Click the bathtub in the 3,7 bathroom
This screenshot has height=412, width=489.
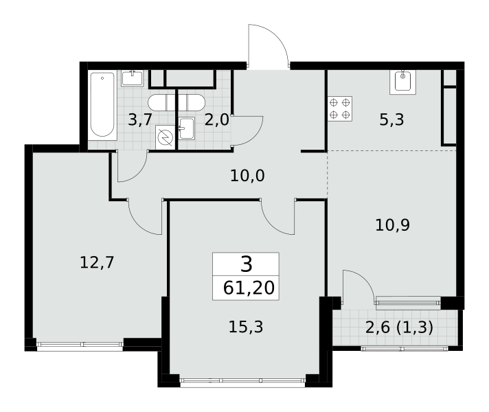pos(102,105)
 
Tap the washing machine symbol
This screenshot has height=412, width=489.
pos(166,137)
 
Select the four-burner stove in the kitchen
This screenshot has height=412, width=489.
pos(339,108)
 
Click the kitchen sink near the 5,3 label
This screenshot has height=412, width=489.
pos(402,82)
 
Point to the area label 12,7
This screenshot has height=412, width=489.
pos(97,262)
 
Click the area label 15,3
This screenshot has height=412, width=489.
pos(246,327)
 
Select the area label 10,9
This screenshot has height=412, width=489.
pos(392,225)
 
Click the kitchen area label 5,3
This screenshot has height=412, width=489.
pos(391,119)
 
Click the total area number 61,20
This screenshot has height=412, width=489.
pos(249,288)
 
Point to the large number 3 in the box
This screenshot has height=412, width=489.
pos(247,264)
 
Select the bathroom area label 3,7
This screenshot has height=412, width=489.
pos(140,119)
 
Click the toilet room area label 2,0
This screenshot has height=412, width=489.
pos(217,119)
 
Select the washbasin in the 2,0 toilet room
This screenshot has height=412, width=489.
pos(187,128)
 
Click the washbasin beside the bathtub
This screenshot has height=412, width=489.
pos(133,78)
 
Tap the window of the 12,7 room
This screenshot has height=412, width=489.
pos(80,344)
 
